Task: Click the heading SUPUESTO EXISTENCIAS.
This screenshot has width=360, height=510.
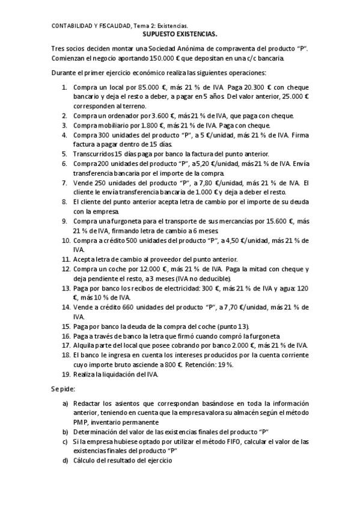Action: tap(180, 35)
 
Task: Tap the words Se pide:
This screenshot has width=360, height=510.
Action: tap(63, 390)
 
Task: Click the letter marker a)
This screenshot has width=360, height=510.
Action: tap(66, 402)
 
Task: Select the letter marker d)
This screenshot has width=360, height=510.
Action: tap(66, 460)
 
